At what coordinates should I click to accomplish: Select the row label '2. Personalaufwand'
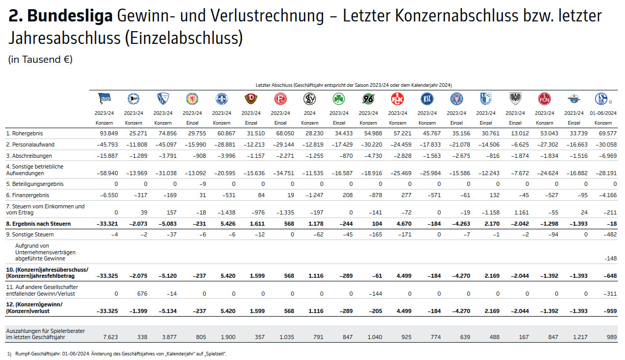[x=30, y=144]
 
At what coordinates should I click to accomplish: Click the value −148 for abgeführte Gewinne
[x=610, y=258]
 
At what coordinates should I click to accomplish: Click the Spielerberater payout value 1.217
[x=579, y=337]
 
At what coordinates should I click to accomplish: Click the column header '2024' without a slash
[x=310, y=113]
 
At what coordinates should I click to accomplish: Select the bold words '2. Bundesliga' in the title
[x=60, y=16]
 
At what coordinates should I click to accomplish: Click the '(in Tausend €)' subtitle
[x=40, y=59]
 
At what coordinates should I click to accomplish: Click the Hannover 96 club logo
[x=368, y=99]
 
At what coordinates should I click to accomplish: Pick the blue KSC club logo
[x=427, y=99]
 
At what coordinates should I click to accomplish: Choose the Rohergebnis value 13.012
[x=516, y=133]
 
